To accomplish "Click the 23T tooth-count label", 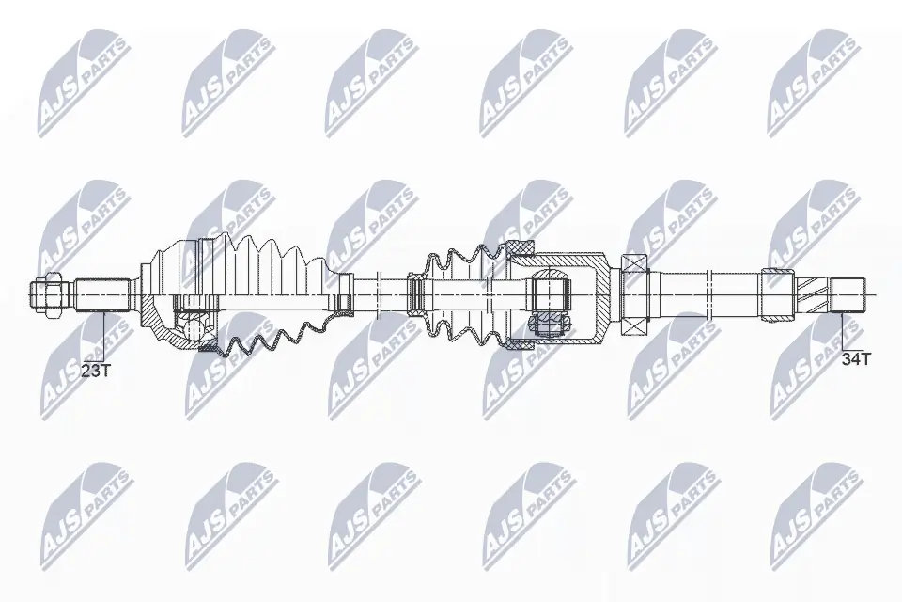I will [96, 372].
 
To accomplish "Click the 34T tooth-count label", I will [856, 358].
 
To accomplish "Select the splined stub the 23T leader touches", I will [101, 294].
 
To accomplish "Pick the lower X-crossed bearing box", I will [636, 323].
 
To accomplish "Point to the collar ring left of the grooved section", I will [777, 293].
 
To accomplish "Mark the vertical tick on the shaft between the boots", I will [376, 293].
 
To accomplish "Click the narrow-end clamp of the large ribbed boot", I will [345, 293].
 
